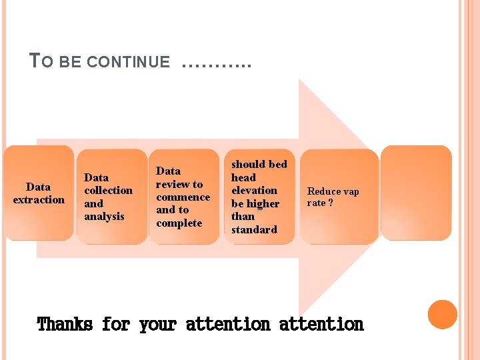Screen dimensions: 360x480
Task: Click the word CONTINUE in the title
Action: [129, 63]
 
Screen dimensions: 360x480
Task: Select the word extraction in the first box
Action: [39, 200]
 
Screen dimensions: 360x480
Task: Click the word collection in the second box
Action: [108, 191]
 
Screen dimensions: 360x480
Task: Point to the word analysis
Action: [104, 217]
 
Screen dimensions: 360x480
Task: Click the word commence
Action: [183, 197]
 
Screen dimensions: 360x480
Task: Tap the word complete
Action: [179, 223]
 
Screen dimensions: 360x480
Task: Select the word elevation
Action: [254, 191]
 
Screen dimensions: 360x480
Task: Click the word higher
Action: [263, 204]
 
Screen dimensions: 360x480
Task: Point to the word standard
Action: [254, 230]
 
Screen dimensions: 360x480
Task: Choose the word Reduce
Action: [323, 192]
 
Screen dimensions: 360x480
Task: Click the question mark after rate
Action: [331, 203]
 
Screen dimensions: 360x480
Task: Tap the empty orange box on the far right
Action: [416, 193]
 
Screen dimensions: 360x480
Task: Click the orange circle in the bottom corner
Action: [442, 315]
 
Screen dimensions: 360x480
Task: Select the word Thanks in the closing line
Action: [65, 325]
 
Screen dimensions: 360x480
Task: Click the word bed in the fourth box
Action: [277, 165]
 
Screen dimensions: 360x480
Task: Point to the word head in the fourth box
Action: [243, 178]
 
